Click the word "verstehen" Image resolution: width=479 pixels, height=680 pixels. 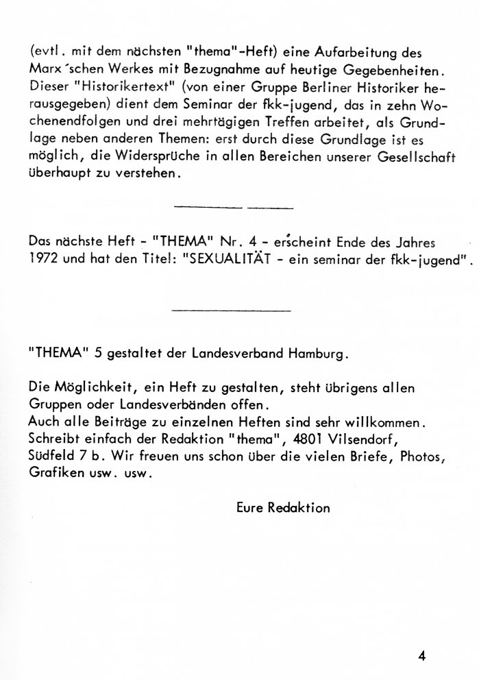point(145,174)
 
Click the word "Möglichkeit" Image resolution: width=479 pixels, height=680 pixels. point(82,388)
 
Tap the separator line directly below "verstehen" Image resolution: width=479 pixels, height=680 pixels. point(234,206)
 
